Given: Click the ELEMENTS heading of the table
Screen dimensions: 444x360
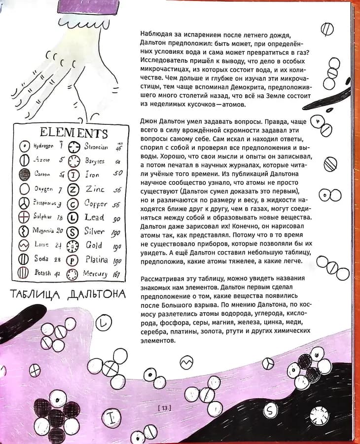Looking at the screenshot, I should [x=73, y=133].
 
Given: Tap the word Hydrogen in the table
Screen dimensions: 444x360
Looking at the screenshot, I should [x=43, y=146].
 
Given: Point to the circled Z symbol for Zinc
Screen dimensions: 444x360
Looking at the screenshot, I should [x=73, y=189].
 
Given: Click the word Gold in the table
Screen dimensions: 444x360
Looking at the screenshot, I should [x=94, y=245].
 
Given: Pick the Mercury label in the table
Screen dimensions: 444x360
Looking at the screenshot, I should [x=95, y=274].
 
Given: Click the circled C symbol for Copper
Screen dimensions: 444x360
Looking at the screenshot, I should [x=73, y=203].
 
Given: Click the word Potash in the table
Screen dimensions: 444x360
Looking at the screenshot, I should [x=43, y=273].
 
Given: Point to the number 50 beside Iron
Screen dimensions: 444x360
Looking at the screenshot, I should [x=118, y=174].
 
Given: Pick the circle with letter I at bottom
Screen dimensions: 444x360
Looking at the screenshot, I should [x=112, y=417].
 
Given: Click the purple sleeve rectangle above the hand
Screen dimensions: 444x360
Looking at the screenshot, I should [x=89, y=6].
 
